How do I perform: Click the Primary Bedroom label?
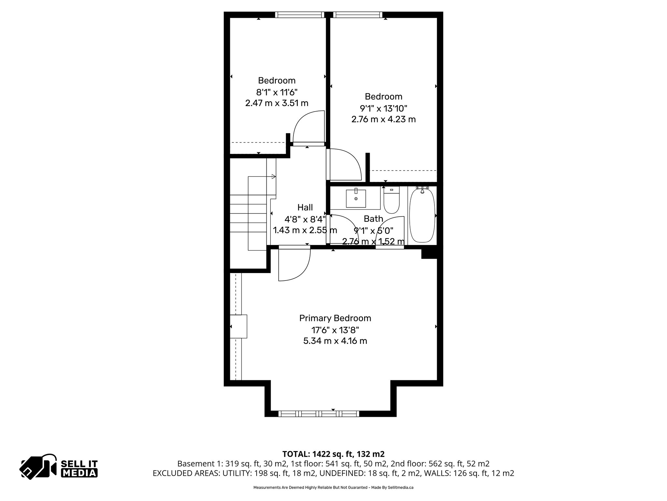tap(335, 318)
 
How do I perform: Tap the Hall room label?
tap(305, 207)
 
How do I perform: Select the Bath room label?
tap(373, 219)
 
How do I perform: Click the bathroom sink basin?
tap(356, 198)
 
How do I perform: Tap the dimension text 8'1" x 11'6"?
tap(277, 92)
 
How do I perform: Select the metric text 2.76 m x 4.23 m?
tap(383, 119)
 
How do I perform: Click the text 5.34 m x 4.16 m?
tap(335, 341)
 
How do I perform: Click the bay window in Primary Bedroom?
tap(319, 414)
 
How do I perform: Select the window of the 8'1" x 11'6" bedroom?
tap(300, 15)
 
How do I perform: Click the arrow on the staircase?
tap(274, 176)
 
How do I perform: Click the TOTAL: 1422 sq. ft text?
tap(333, 454)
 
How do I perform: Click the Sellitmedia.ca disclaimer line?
tap(333, 488)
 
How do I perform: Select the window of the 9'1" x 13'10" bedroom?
tap(357, 15)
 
